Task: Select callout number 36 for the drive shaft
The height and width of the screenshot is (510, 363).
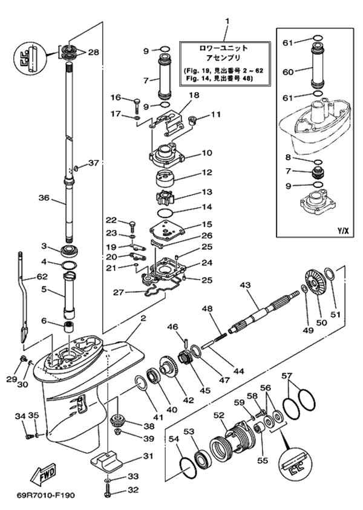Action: click(x=44, y=198)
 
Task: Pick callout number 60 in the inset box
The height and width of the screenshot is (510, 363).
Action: click(x=287, y=71)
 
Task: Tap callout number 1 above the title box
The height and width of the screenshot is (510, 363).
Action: click(x=227, y=22)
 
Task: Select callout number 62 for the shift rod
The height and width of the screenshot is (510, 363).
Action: click(x=41, y=276)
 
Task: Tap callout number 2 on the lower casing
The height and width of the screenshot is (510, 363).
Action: click(x=144, y=318)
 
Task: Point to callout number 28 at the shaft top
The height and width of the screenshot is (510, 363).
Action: click(x=94, y=52)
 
